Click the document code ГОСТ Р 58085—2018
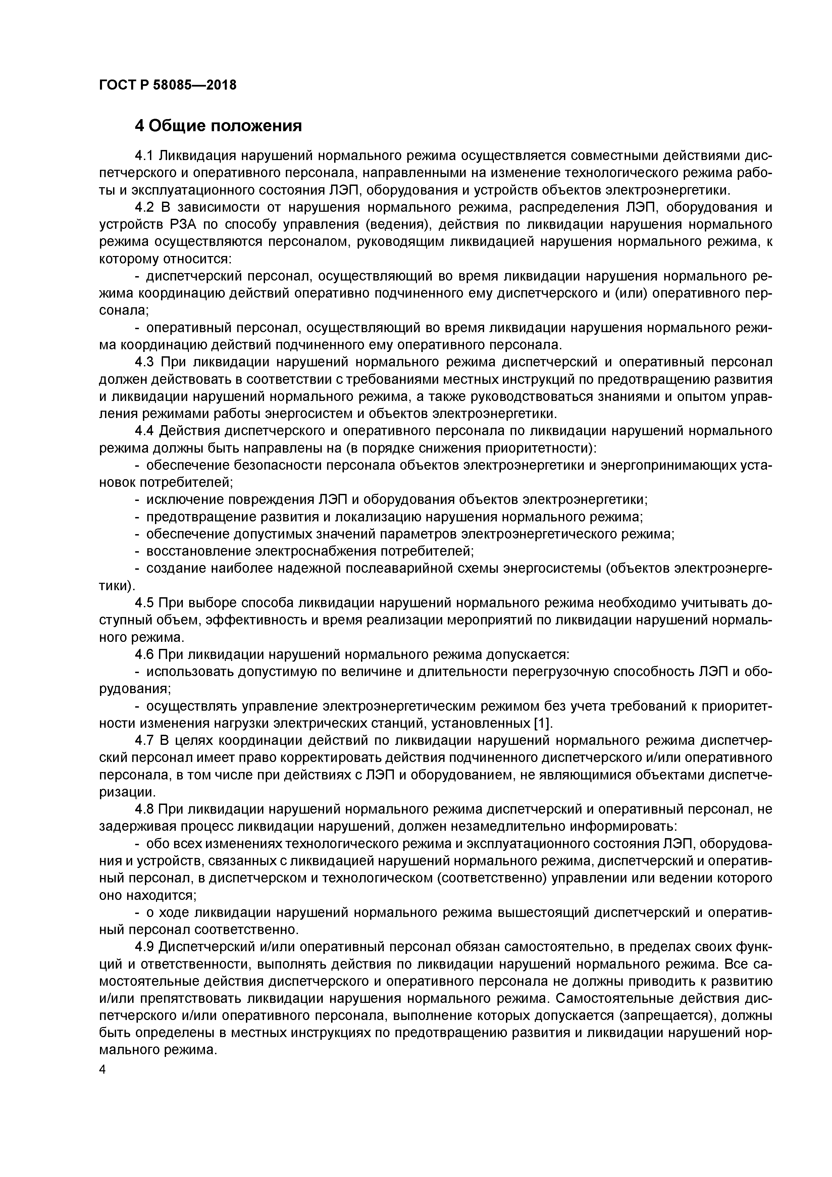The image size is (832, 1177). (x=168, y=85)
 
